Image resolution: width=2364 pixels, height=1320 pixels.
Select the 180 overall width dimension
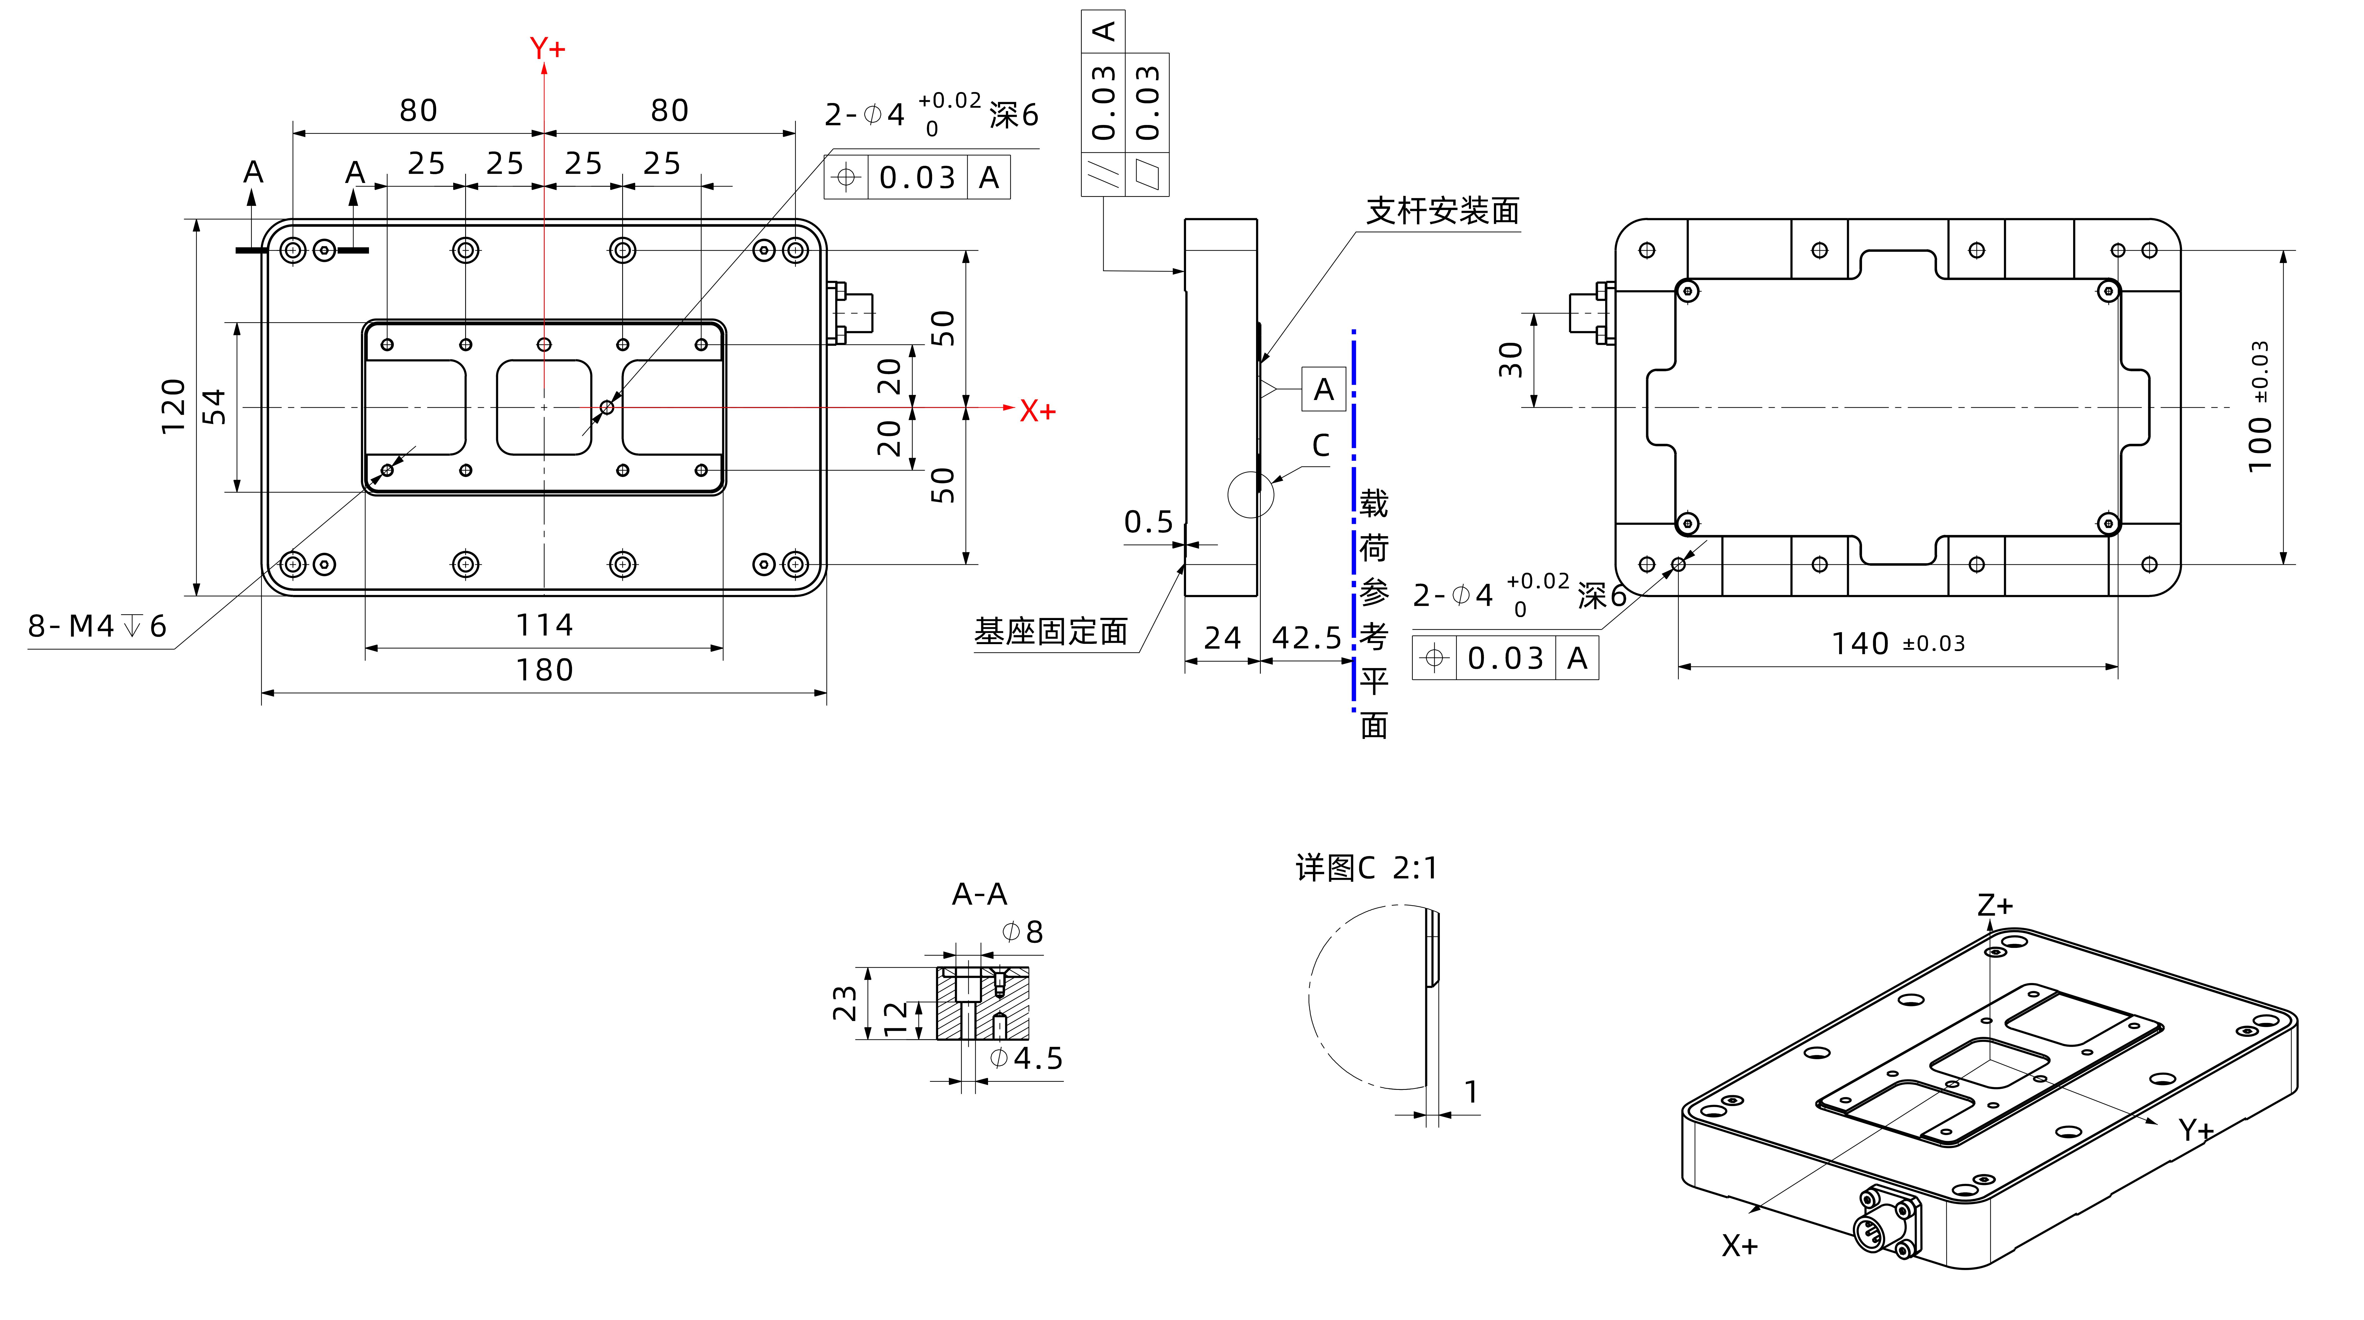pyautogui.click(x=544, y=670)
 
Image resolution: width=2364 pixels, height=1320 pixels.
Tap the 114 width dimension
pyautogui.click(x=544, y=625)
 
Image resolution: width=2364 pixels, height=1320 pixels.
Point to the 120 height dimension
pyautogui.click(x=173, y=407)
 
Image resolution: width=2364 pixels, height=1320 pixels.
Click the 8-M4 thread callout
pyautogui.click(x=96, y=626)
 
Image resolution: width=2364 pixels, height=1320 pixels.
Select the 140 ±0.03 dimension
pyautogui.click(x=1898, y=644)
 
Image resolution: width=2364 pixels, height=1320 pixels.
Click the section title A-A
pyautogui.click(x=979, y=893)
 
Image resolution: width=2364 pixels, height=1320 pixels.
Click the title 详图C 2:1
pyautogui.click(x=1366, y=868)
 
